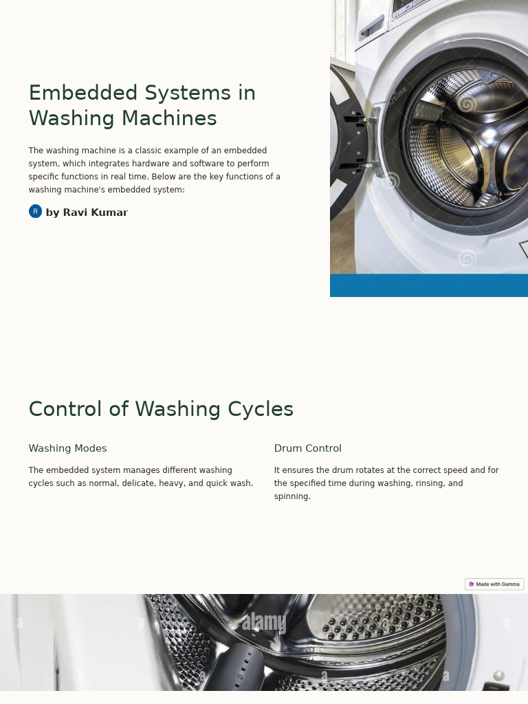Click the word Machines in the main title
point(169,118)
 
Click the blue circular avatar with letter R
point(35,212)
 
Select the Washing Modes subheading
point(67,448)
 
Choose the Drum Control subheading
point(307,448)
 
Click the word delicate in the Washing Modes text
point(140,483)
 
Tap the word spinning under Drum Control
point(291,496)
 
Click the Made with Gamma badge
point(494,584)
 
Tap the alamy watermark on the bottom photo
point(263,622)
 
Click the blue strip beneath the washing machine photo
point(428,285)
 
